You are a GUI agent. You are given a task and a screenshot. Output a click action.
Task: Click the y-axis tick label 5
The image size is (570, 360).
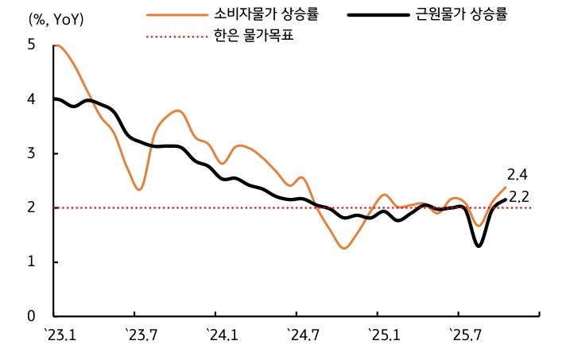point(32,45)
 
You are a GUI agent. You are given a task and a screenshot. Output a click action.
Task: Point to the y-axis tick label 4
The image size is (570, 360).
point(32,99)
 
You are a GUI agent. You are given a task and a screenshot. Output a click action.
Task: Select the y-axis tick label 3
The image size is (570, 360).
point(32,153)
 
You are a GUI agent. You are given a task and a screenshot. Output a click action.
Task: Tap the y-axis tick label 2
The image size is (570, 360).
point(32,207)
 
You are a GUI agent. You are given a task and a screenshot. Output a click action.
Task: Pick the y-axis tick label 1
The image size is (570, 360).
point(32,261)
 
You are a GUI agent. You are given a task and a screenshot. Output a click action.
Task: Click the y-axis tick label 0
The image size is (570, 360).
point(32,315)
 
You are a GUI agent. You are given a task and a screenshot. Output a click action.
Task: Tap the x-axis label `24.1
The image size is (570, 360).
point(221,335)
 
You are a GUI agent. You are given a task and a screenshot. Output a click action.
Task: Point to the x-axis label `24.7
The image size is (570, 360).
point(302,335)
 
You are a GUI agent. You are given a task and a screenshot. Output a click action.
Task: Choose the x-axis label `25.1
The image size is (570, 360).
point(383,335)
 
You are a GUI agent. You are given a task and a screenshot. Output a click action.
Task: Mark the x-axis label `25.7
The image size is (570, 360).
point(464,335)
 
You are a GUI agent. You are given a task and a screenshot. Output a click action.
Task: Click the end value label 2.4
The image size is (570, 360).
point(518,175)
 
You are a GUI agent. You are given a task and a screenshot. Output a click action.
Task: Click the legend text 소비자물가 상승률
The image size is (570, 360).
point(266,14)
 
